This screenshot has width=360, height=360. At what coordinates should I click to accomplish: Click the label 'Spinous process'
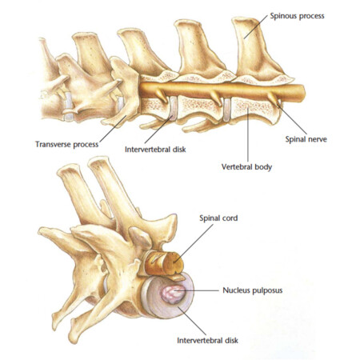point(297,16)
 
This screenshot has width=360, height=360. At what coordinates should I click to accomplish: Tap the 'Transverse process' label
point(67,145)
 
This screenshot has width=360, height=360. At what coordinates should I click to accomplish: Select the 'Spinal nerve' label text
point(306,139)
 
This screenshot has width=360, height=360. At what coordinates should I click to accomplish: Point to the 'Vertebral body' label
point(246,167)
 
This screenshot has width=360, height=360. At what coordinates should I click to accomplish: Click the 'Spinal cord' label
point(218,218)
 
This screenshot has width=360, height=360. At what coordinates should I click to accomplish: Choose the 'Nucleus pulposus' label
point(253,290)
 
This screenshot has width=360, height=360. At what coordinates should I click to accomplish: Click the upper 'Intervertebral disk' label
point(155,150)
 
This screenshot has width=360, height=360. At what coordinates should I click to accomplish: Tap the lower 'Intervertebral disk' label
point(207,341)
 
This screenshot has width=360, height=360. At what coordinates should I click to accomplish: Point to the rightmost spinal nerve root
point(274,98)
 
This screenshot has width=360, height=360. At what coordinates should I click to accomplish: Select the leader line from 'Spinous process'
point(255,27)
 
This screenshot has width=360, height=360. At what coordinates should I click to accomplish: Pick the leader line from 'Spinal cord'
point(194,242)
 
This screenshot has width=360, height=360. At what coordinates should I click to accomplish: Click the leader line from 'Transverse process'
point(113,129)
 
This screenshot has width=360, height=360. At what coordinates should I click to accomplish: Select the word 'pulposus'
point(267,290)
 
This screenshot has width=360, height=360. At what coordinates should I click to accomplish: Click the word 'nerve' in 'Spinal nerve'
point(317,140)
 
